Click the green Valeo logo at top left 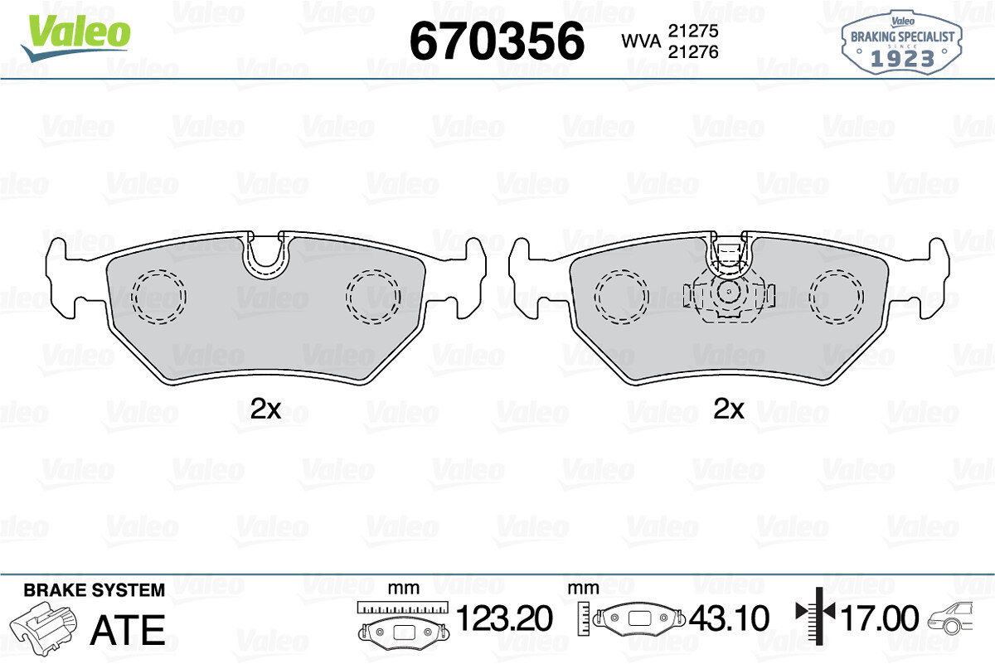(x=75, y=37)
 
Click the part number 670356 (x=497, y=41)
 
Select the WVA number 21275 (x=693, y=31)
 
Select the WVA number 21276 (x=693, y=52)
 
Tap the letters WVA (x=642, y=41)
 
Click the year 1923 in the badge (x=902, y=59)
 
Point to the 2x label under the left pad (x=265, y=409)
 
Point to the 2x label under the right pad (x=729, y=409)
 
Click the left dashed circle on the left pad (x=158, y=296)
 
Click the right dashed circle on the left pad (x=373, y=296)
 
